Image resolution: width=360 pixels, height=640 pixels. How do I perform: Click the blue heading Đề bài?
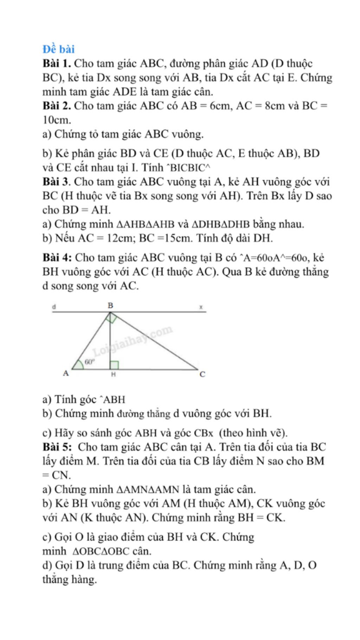click(58, 49)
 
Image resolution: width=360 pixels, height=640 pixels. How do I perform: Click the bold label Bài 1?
click(57, 64)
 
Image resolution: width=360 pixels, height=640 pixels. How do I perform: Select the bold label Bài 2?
click(57, 105)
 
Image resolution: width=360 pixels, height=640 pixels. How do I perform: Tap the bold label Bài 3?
click(57, 182)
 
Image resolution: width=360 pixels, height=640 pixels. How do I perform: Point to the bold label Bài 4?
click(58, 258)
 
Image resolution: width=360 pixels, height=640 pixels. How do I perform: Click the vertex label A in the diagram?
click(65, 373)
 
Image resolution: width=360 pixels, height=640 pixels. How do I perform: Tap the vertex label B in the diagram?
click(110, 305)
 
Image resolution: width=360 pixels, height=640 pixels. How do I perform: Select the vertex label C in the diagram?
click(202, 375)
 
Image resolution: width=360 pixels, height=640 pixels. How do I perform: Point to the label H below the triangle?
click(113, 375)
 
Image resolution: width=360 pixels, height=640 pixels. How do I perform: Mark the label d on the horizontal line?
click(54, 307)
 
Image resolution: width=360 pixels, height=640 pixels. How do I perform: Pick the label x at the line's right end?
click(201, 307)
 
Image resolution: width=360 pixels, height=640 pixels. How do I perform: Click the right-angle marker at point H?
click(114, 365)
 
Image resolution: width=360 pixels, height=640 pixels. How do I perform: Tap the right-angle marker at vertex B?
click(111, 318)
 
